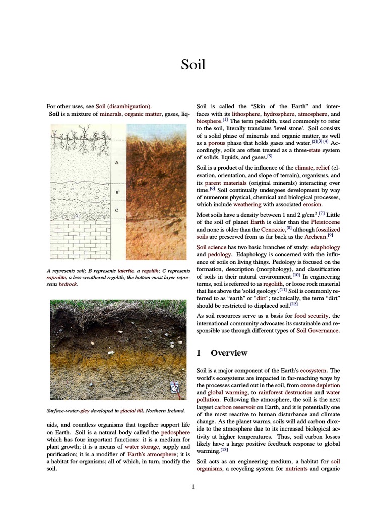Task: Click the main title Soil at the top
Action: (193, 65)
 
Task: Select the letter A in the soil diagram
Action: (116, 163)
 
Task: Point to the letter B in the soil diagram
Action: (116, 192)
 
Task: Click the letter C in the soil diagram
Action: (116, 210)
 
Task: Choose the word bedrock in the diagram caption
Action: (68, 284)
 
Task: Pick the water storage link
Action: (143, 446)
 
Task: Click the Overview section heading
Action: (229, 353)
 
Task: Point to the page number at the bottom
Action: (193, 486)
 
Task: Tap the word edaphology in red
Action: (325, 247)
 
